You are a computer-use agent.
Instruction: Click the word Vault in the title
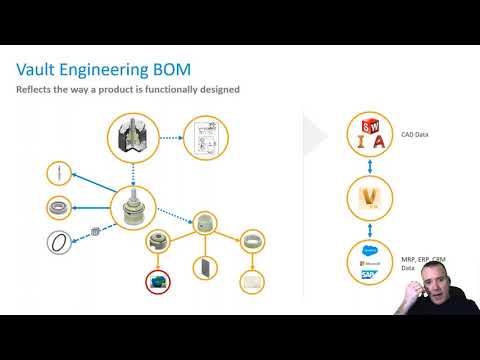[x=40, y=69]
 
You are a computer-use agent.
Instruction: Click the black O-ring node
[x=60, y=241]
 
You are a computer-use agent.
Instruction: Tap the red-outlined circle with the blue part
[x=157, y=282]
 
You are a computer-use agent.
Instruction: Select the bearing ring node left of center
[x=60, y=208]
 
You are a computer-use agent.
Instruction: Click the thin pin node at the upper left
[x=60, y=173]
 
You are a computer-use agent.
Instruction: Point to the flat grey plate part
[x=204, y=268]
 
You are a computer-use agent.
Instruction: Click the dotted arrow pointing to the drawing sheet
[x=171, y=139]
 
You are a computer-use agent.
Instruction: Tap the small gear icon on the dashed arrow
[x=95, y=229]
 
